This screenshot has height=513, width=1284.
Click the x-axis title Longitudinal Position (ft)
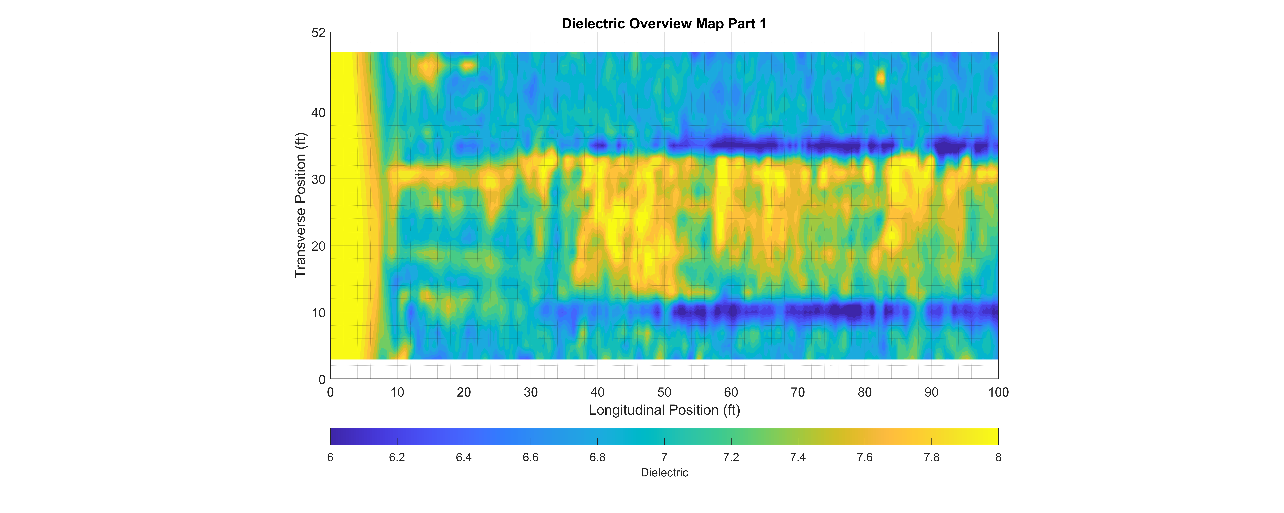tap(664, 410)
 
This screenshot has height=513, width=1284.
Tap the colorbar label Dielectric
tap(664, 473)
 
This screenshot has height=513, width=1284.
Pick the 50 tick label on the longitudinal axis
tap(664, 392)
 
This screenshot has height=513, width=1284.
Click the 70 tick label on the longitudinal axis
tap(797, 392)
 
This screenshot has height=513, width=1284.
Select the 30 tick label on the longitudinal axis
tap(530, 392)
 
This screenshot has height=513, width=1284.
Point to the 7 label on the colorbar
tap(664, 457)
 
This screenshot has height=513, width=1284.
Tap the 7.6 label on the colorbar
tap(864, 457)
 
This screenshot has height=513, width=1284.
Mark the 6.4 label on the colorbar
tap(464, 457)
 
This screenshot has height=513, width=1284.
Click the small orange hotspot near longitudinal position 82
tap(881, 78)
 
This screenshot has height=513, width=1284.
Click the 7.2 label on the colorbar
tap(731, 457)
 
